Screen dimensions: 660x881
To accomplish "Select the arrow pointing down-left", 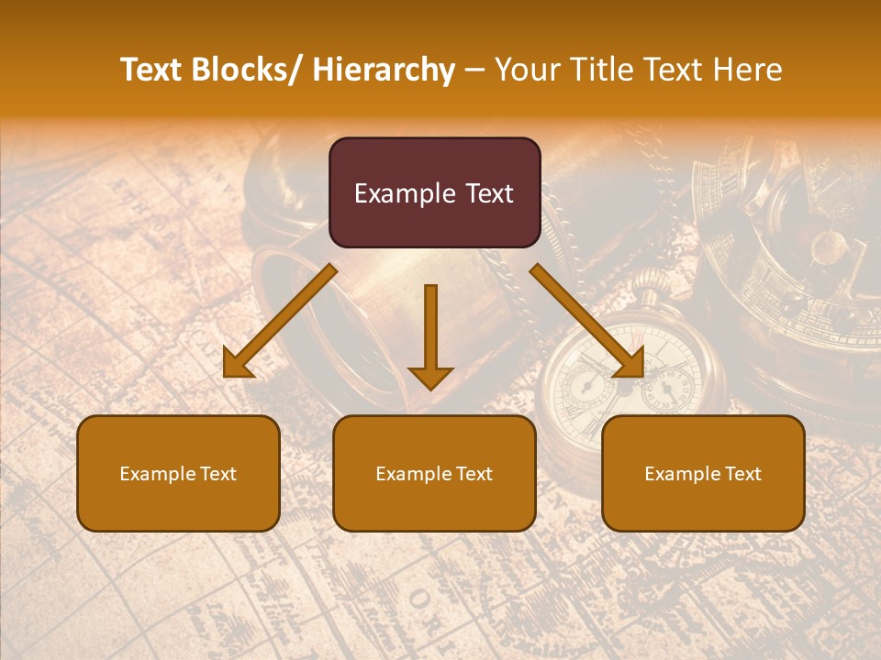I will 279,321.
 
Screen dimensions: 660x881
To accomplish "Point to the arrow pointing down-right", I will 587,321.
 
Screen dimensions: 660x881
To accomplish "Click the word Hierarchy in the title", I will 384,70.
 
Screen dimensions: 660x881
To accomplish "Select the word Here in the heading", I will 750,70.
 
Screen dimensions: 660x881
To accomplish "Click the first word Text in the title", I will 152,70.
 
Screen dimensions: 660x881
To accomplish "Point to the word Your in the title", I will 525,70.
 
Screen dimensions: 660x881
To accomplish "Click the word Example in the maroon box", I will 405,194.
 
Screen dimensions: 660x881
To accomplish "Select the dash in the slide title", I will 474,70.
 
